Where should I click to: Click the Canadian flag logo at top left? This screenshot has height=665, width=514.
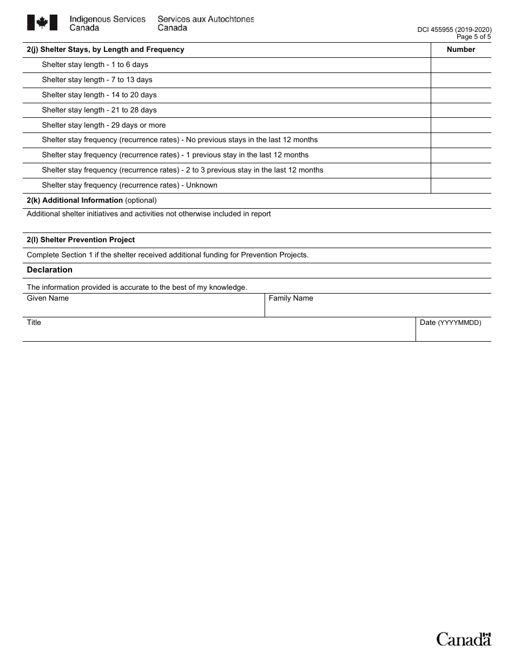(x=42, y=23)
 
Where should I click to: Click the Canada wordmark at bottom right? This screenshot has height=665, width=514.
(x=464, y=639)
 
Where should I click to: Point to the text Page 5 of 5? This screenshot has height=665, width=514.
(x=473, y=37)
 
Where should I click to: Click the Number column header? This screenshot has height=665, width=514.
(x=461, y=50)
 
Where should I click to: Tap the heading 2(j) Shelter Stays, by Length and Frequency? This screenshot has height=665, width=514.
(x=106, y=50)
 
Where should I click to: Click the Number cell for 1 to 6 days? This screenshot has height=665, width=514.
(x=461, y=65)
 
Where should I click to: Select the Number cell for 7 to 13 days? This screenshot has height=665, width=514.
(x=461, y=80)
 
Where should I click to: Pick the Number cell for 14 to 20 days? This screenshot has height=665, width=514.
(x=461, y=95)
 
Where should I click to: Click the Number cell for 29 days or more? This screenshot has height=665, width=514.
(x=461, y=125)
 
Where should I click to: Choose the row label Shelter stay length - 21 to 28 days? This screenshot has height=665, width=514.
(x=99, y=110)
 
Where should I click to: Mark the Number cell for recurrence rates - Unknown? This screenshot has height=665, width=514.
(x=461, y=185)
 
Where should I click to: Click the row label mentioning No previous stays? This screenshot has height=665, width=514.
(x=180, y=140)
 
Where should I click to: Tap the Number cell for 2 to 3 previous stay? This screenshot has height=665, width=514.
(x=461, y=170)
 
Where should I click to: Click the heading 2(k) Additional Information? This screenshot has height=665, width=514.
(x=75, y=201)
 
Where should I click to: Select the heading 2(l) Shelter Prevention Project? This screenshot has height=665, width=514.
(x=81, y=240)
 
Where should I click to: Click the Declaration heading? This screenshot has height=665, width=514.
(x=50, y=270)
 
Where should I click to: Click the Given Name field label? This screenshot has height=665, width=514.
(x=48, y=298)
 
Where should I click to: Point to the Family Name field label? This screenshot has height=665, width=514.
(x=291, y=298)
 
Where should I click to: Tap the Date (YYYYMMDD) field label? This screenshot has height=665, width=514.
(x=450, y=323)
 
